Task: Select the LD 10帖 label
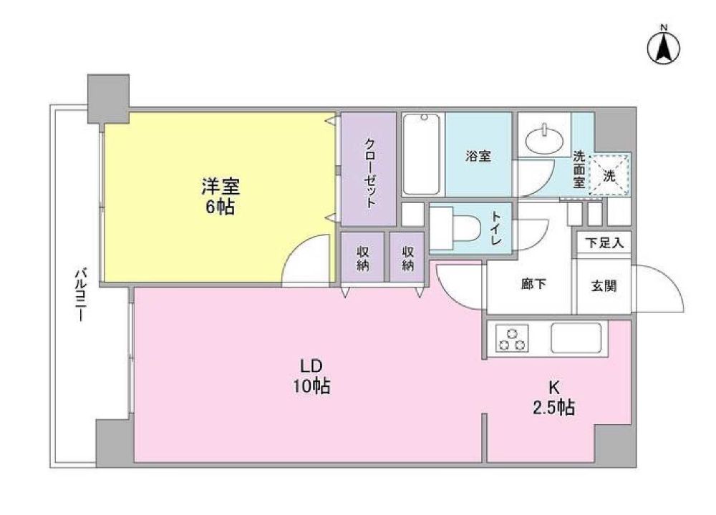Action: tap(311, 376)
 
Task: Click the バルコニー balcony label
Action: tap(81, 295)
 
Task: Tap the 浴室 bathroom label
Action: tap(478, 156)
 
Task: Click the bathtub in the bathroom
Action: tap(422, 154)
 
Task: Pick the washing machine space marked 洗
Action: tap(609, 175)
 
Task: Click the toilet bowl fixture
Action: tap(455, 227)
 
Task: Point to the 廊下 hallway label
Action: tap(534, 284)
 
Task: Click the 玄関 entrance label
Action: tap(604, 286)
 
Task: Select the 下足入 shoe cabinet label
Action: tap(604, 242)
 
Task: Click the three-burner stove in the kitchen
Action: tap(511, 338)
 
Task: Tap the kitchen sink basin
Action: tap(576, 338)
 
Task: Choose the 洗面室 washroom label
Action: tap(579, 170)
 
